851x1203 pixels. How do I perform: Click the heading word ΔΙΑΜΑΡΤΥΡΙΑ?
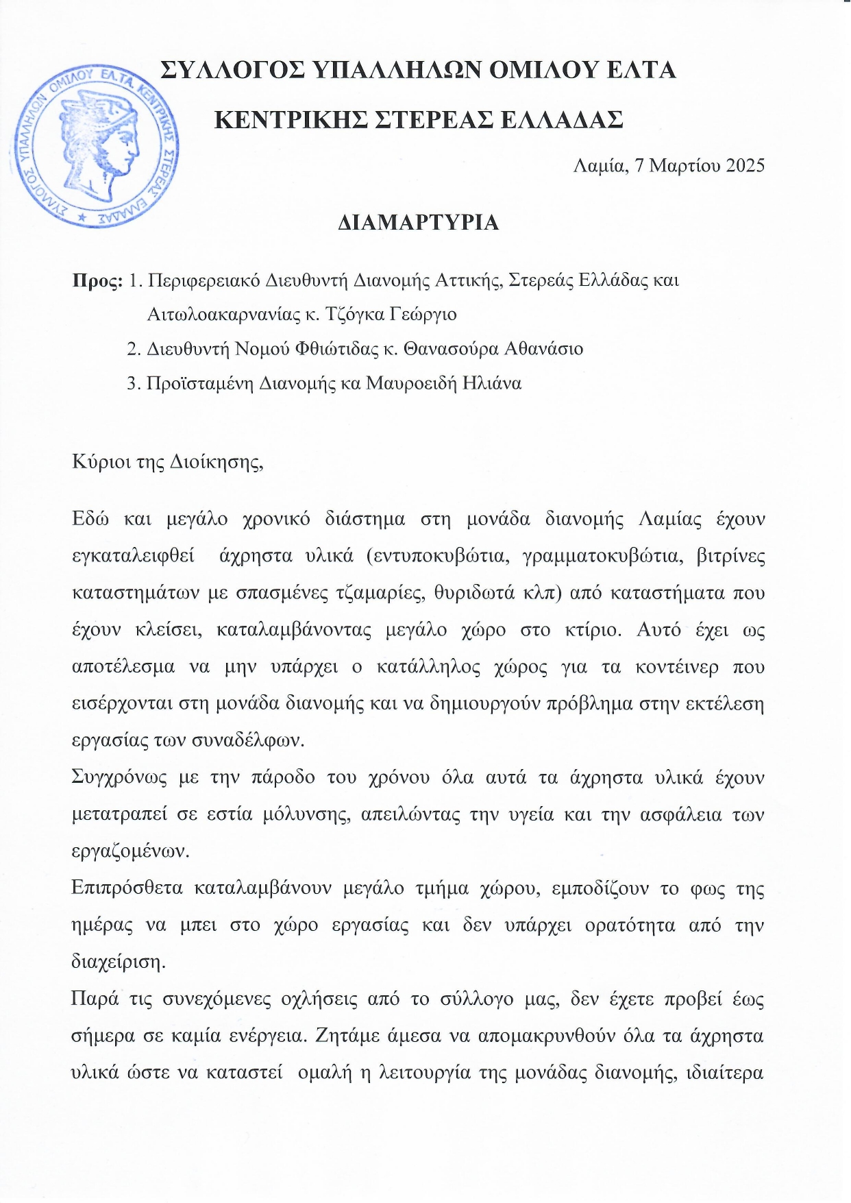pos(418,223)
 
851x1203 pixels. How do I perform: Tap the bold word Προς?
pos(97,281)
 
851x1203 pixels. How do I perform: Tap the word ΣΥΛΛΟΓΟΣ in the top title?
pos(231,71)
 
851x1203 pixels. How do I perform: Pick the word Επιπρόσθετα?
pos(127,888)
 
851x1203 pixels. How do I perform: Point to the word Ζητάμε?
pos(347,1036)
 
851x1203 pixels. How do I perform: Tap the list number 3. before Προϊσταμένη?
pos(133,383)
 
